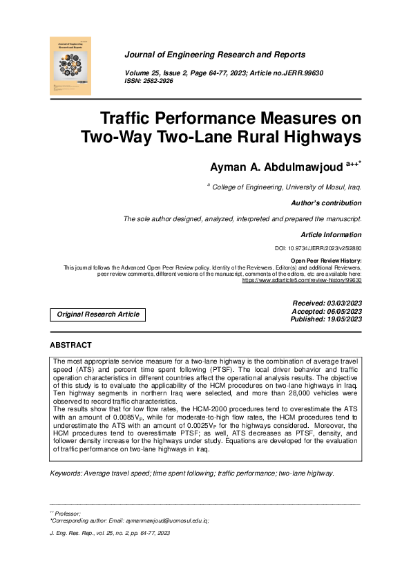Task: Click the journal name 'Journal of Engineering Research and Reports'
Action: [x=214, y=55]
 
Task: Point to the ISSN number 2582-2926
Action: [x=157, y=81]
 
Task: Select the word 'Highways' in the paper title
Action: [x=323, y=135]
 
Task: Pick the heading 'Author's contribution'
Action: [x=328, y=203]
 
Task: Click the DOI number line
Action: [x=318, y=248]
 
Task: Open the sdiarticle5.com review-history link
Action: [x=301, y=280]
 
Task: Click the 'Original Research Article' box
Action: [x=98, y=315]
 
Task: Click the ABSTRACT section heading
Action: [x=70, y=345]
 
